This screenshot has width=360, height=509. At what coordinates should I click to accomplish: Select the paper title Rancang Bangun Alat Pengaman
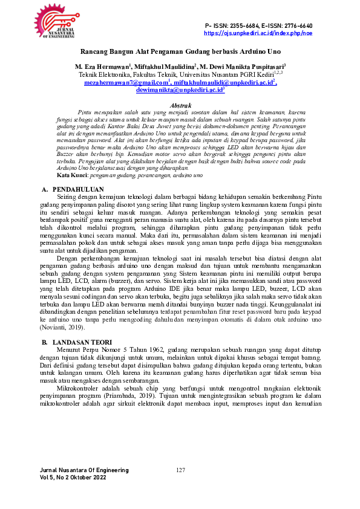point(180,52)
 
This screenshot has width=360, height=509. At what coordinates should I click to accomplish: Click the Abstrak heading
point(181,105)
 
